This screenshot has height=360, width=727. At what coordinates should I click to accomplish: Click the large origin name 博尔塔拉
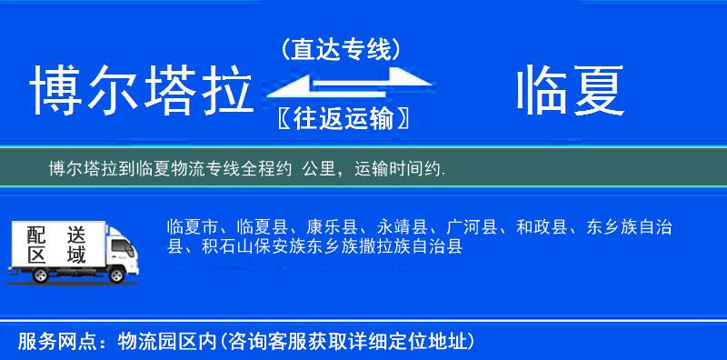coord(141,92)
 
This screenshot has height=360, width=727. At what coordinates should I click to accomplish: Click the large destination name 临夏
coord(571,92)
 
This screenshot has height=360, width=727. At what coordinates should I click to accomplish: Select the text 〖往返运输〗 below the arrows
coord(340,118)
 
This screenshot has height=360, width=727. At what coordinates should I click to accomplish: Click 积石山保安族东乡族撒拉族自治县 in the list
coord(332,246)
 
